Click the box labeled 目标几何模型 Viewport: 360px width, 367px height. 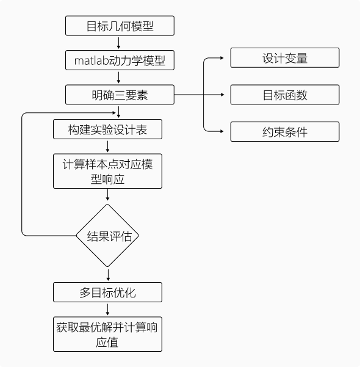[120, 26]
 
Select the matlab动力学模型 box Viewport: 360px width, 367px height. [120, 60]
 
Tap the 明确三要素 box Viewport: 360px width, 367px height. [120, 95]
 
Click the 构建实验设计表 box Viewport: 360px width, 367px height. [107, 129]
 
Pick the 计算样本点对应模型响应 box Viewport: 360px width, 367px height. [107, 171]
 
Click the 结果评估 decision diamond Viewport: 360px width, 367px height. [107, 236]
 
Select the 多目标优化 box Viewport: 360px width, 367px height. [107, 292]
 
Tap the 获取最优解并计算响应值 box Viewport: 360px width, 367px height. [107, 334]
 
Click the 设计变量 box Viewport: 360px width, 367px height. [285, 58]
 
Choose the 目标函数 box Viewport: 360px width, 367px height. [285, 95]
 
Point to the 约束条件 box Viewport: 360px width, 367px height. [285, 131]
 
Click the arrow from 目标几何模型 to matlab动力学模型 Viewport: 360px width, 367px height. [118, 43]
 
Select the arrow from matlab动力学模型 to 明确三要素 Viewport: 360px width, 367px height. [118, 78]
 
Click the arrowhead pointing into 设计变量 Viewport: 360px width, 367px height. [222, 58]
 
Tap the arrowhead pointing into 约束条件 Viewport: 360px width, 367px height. [222, 131]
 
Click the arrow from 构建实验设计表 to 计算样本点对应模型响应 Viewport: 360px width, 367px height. [107, 147]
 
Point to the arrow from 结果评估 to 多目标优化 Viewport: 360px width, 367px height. [108, 275]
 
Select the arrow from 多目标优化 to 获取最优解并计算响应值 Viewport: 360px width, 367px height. [107, 310]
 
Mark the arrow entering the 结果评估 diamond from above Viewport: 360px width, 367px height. [107, 195]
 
